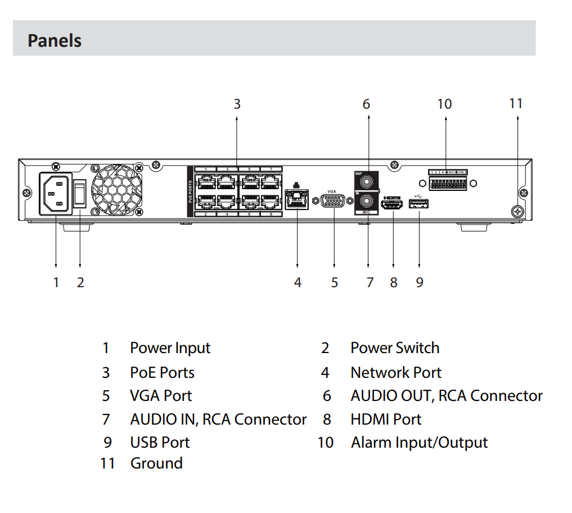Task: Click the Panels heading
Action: (x=55, y=41)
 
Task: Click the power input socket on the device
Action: (x=56, y=194)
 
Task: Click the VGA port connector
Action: (x=334, y=202)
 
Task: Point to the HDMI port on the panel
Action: (x=393, y=204)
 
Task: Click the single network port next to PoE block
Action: (x=297, y=199)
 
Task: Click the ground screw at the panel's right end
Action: (x=517, y=212)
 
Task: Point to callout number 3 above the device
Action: (x=237, y=104)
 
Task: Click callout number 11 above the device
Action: (x=516, y=103)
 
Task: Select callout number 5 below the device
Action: (x=334, y=282)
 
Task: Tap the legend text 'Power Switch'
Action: (x=394, y=348)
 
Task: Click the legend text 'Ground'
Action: (x=156, y=463)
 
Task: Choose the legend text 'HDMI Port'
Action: (x=385, y=420)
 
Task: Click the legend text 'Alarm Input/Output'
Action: (x=419, y=443)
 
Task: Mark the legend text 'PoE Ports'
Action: (x=162, y=373)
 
